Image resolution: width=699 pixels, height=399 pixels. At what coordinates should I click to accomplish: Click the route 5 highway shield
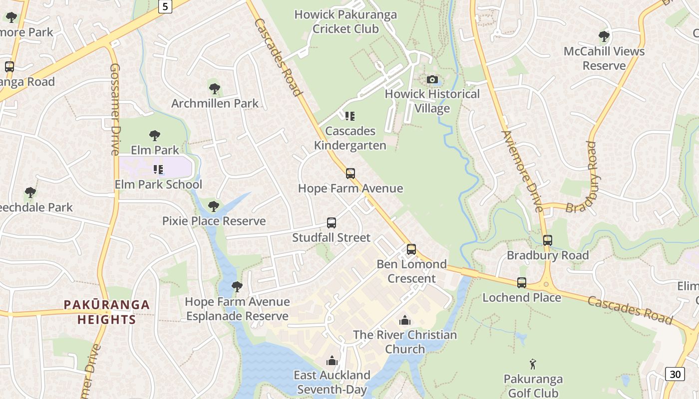coord(165,7)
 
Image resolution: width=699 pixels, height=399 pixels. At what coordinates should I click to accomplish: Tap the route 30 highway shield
coord(675,374)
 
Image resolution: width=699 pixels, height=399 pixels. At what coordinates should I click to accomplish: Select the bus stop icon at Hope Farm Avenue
coord(350,174)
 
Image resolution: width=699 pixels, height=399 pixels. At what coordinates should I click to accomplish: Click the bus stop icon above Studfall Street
coord(332,223)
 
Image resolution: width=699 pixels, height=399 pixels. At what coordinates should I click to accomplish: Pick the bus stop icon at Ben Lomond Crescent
coord(411,249)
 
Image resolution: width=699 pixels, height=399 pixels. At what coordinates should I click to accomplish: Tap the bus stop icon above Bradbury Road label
coord(548,240)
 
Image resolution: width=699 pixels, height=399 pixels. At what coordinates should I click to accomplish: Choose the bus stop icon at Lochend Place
coord(522,283)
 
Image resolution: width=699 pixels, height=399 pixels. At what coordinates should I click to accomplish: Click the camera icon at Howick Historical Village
coord(432,80)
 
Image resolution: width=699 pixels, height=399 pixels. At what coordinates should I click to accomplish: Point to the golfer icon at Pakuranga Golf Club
coord(533,364)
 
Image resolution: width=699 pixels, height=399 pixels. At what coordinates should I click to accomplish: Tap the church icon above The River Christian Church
coord(405,320)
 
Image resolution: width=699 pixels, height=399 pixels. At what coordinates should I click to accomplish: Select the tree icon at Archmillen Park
coord(215,89)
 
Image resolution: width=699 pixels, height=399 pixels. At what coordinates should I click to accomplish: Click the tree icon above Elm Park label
coord(155,135)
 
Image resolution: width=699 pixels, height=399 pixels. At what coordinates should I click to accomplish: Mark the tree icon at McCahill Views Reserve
coord(604,36)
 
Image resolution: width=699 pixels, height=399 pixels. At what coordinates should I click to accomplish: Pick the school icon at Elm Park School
coord(158,170)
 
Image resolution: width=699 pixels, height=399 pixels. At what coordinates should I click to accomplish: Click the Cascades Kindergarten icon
coord(350,116)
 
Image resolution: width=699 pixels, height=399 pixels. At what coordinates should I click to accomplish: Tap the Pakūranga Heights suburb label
coord(107,312)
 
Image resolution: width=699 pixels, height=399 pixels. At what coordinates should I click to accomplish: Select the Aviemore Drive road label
coord(522,171)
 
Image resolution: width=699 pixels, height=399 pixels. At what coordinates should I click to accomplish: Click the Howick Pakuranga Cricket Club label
coord(346,21)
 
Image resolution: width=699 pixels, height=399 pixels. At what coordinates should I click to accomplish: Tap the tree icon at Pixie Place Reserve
coord(214,206)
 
